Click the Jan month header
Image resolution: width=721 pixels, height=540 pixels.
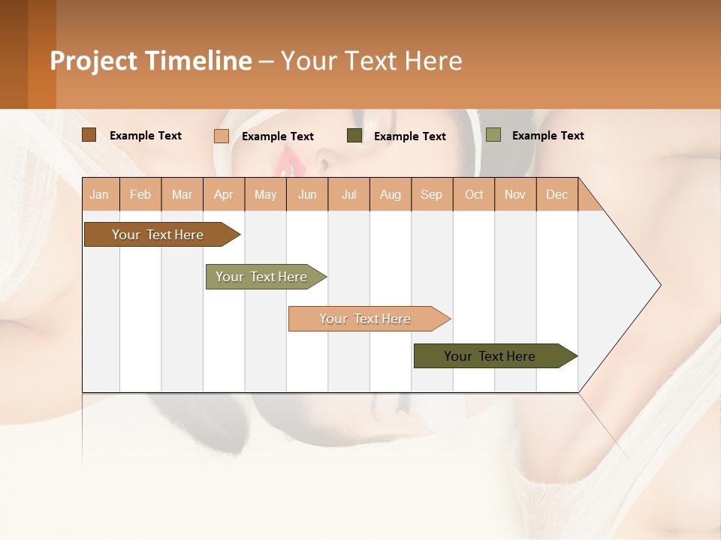point(100,194)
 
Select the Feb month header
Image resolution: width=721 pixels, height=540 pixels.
point(140,194)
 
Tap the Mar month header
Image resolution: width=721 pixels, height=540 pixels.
point(182,194)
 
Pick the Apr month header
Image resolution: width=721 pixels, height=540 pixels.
point(224,194)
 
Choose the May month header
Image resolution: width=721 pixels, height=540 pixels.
point(265,194)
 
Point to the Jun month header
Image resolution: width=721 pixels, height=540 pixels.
point(307,194)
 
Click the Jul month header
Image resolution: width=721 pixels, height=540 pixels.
point(348,194)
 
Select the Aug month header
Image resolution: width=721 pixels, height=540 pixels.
point(391,194)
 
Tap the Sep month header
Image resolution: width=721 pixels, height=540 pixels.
point(432,194)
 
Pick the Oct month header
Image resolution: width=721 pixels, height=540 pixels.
point(474,194)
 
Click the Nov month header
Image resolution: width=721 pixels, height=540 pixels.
point(515,194)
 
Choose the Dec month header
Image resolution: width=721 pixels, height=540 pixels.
point(557,194)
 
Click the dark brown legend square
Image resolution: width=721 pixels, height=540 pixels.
point(89,135)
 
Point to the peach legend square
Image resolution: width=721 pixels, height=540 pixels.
point(222,136)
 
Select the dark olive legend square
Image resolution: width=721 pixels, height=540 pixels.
point(354,136)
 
